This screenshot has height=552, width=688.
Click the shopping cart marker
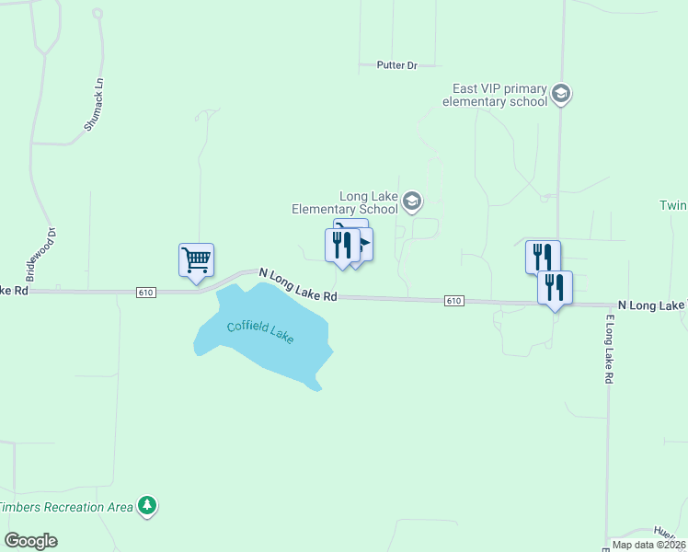point(196,259)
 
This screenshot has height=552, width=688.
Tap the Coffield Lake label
point(261,330)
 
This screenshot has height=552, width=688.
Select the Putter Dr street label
point(396,65)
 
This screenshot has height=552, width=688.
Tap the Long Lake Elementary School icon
point(413,201)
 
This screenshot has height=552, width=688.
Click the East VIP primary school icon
point(562,93)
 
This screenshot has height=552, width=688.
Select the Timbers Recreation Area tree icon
point(146,505)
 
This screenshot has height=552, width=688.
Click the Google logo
point(30,541)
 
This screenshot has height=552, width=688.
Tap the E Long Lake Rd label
point(609,350)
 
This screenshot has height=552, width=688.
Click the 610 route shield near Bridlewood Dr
point(145,292)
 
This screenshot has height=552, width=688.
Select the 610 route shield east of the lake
point(453,301)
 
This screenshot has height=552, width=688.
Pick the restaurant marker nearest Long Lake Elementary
point(342,246)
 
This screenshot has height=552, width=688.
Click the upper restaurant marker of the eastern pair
point(543,256)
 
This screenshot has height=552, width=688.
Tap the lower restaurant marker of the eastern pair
point(555,287)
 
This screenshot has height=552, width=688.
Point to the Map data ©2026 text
point(648,545)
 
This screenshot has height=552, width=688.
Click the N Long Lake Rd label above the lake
point(298,285)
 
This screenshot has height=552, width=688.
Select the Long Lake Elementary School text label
point(345,202)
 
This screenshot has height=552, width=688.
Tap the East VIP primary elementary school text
point(495,95)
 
